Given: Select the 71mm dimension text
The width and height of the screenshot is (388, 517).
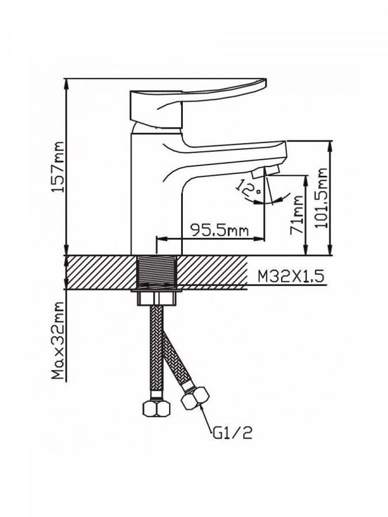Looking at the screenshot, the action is coord(297,215).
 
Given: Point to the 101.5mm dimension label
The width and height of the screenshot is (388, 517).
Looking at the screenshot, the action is coord(321,198).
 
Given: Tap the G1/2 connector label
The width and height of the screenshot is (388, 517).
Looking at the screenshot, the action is coord(233,433).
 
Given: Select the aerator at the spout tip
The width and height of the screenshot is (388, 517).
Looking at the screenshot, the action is coord(265,172).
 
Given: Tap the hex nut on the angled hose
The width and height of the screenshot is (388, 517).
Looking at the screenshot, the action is coord(195,398).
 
